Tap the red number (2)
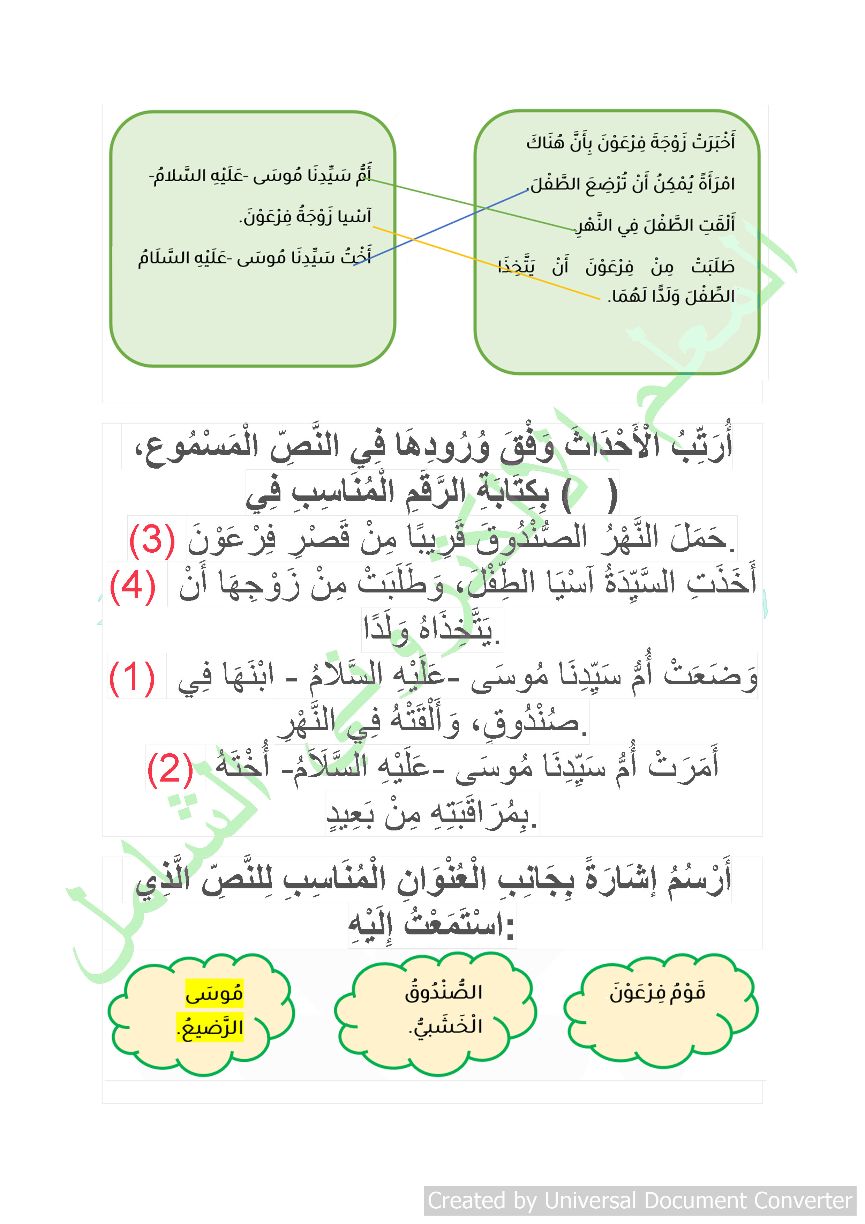point(170,769)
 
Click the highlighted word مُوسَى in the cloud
point(214,993)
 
